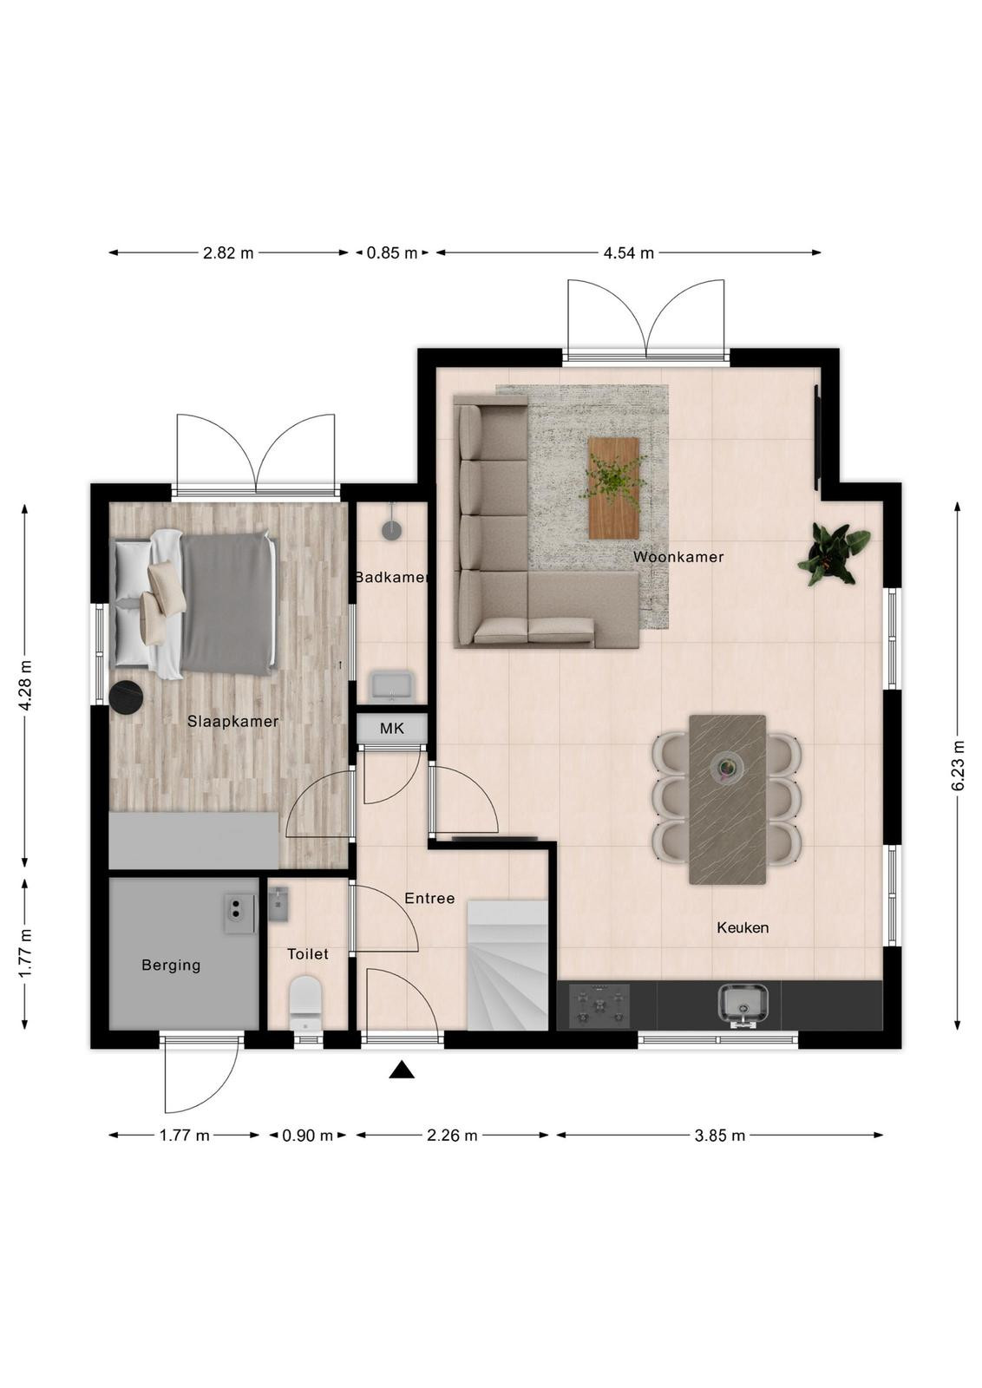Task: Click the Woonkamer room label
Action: point(678,557)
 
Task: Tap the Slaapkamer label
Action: point(233,721)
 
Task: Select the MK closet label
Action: point(391,728)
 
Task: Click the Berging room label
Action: point(171,965)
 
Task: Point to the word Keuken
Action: point(743,927)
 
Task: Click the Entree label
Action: point(429,898)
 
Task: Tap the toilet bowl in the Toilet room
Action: point(306,1004)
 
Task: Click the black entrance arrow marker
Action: point(402,1070)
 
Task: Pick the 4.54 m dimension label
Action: point(628,252)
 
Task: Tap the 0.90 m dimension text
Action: point(307,1136)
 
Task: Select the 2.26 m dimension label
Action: point(452,1136)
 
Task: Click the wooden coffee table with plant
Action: point(613,488)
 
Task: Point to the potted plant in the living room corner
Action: point(833,553)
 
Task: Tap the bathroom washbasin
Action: point(391,686)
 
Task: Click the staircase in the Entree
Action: point(507,966)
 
